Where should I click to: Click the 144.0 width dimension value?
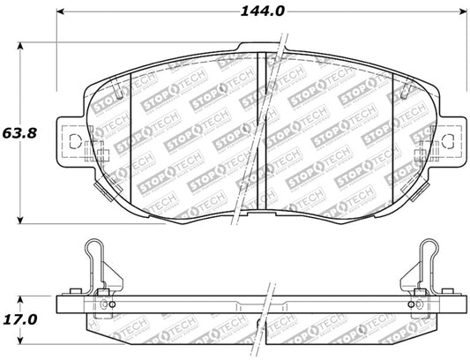260,12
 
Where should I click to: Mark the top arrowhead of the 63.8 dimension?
24,45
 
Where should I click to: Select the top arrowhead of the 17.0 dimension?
24,296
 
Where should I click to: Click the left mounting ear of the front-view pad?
72,139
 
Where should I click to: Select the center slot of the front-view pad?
261,132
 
